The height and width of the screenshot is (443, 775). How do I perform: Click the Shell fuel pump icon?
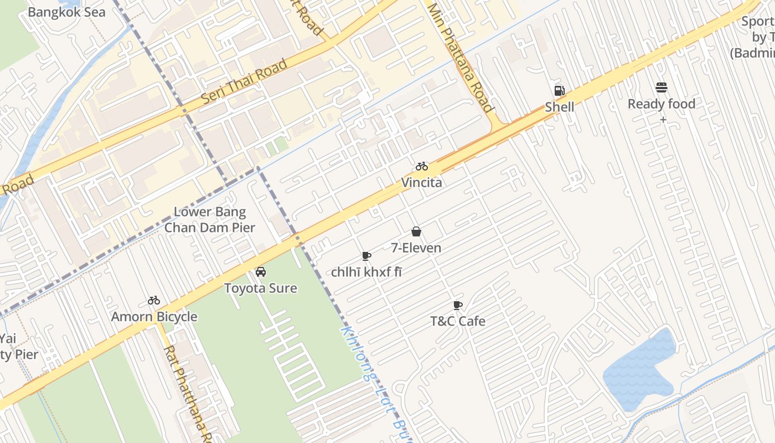[559, 91]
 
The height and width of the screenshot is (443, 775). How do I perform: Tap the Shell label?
[559, 106]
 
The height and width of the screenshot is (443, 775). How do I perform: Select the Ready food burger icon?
[661, 87]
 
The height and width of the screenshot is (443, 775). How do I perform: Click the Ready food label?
[661, 104]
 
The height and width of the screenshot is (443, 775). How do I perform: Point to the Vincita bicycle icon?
[422, 166]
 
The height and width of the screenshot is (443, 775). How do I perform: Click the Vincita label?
[422, 182]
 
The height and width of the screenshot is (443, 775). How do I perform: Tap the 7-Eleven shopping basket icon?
[416, 231]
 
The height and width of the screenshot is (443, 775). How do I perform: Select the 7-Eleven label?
[416, 248]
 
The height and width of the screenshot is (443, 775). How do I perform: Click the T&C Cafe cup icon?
[458, 305]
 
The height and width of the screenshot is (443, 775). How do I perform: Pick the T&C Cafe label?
[458, 321]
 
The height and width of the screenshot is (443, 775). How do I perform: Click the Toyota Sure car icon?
[260, 272]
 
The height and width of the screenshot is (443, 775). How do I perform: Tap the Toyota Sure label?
[260, 288]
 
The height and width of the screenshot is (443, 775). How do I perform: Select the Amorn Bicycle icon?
[154, 301]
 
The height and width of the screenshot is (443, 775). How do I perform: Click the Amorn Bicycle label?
[154, 317]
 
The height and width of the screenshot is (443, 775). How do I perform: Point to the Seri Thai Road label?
[244, 81]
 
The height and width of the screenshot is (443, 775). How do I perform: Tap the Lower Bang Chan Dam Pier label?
[210, 219]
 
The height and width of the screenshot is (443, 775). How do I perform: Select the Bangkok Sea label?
[66, 12]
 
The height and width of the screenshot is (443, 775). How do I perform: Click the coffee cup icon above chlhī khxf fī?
[366, 256]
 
